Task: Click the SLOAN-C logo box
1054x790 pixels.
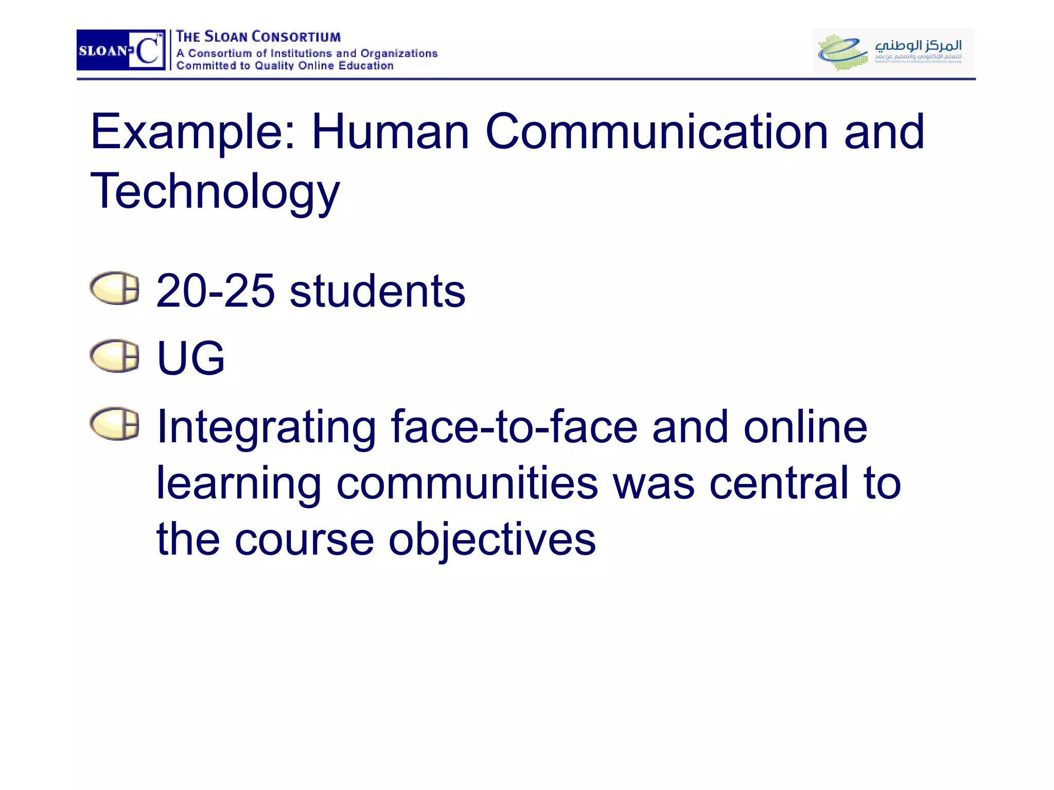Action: (x=120, y=50)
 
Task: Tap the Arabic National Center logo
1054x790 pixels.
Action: (x=893, y=50)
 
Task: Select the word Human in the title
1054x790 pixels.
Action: (x=390, y=132)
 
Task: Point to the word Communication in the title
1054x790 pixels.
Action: (x=657, y=132)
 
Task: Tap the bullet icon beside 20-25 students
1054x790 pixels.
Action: (x=114, y=288)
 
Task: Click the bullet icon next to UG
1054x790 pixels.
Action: (x=114, y=355)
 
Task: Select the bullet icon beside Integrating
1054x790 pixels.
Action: (x=114, y=424)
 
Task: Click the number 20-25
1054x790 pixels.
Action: (x=215, y=291)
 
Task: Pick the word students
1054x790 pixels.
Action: (x=377, y=291)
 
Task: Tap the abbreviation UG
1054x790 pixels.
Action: (x=190, y=358)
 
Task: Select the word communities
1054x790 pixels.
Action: (x=467, y=483)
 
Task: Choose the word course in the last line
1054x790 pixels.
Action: (x=304, y=540)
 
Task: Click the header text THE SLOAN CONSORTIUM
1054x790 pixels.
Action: (x=258, y=37)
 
